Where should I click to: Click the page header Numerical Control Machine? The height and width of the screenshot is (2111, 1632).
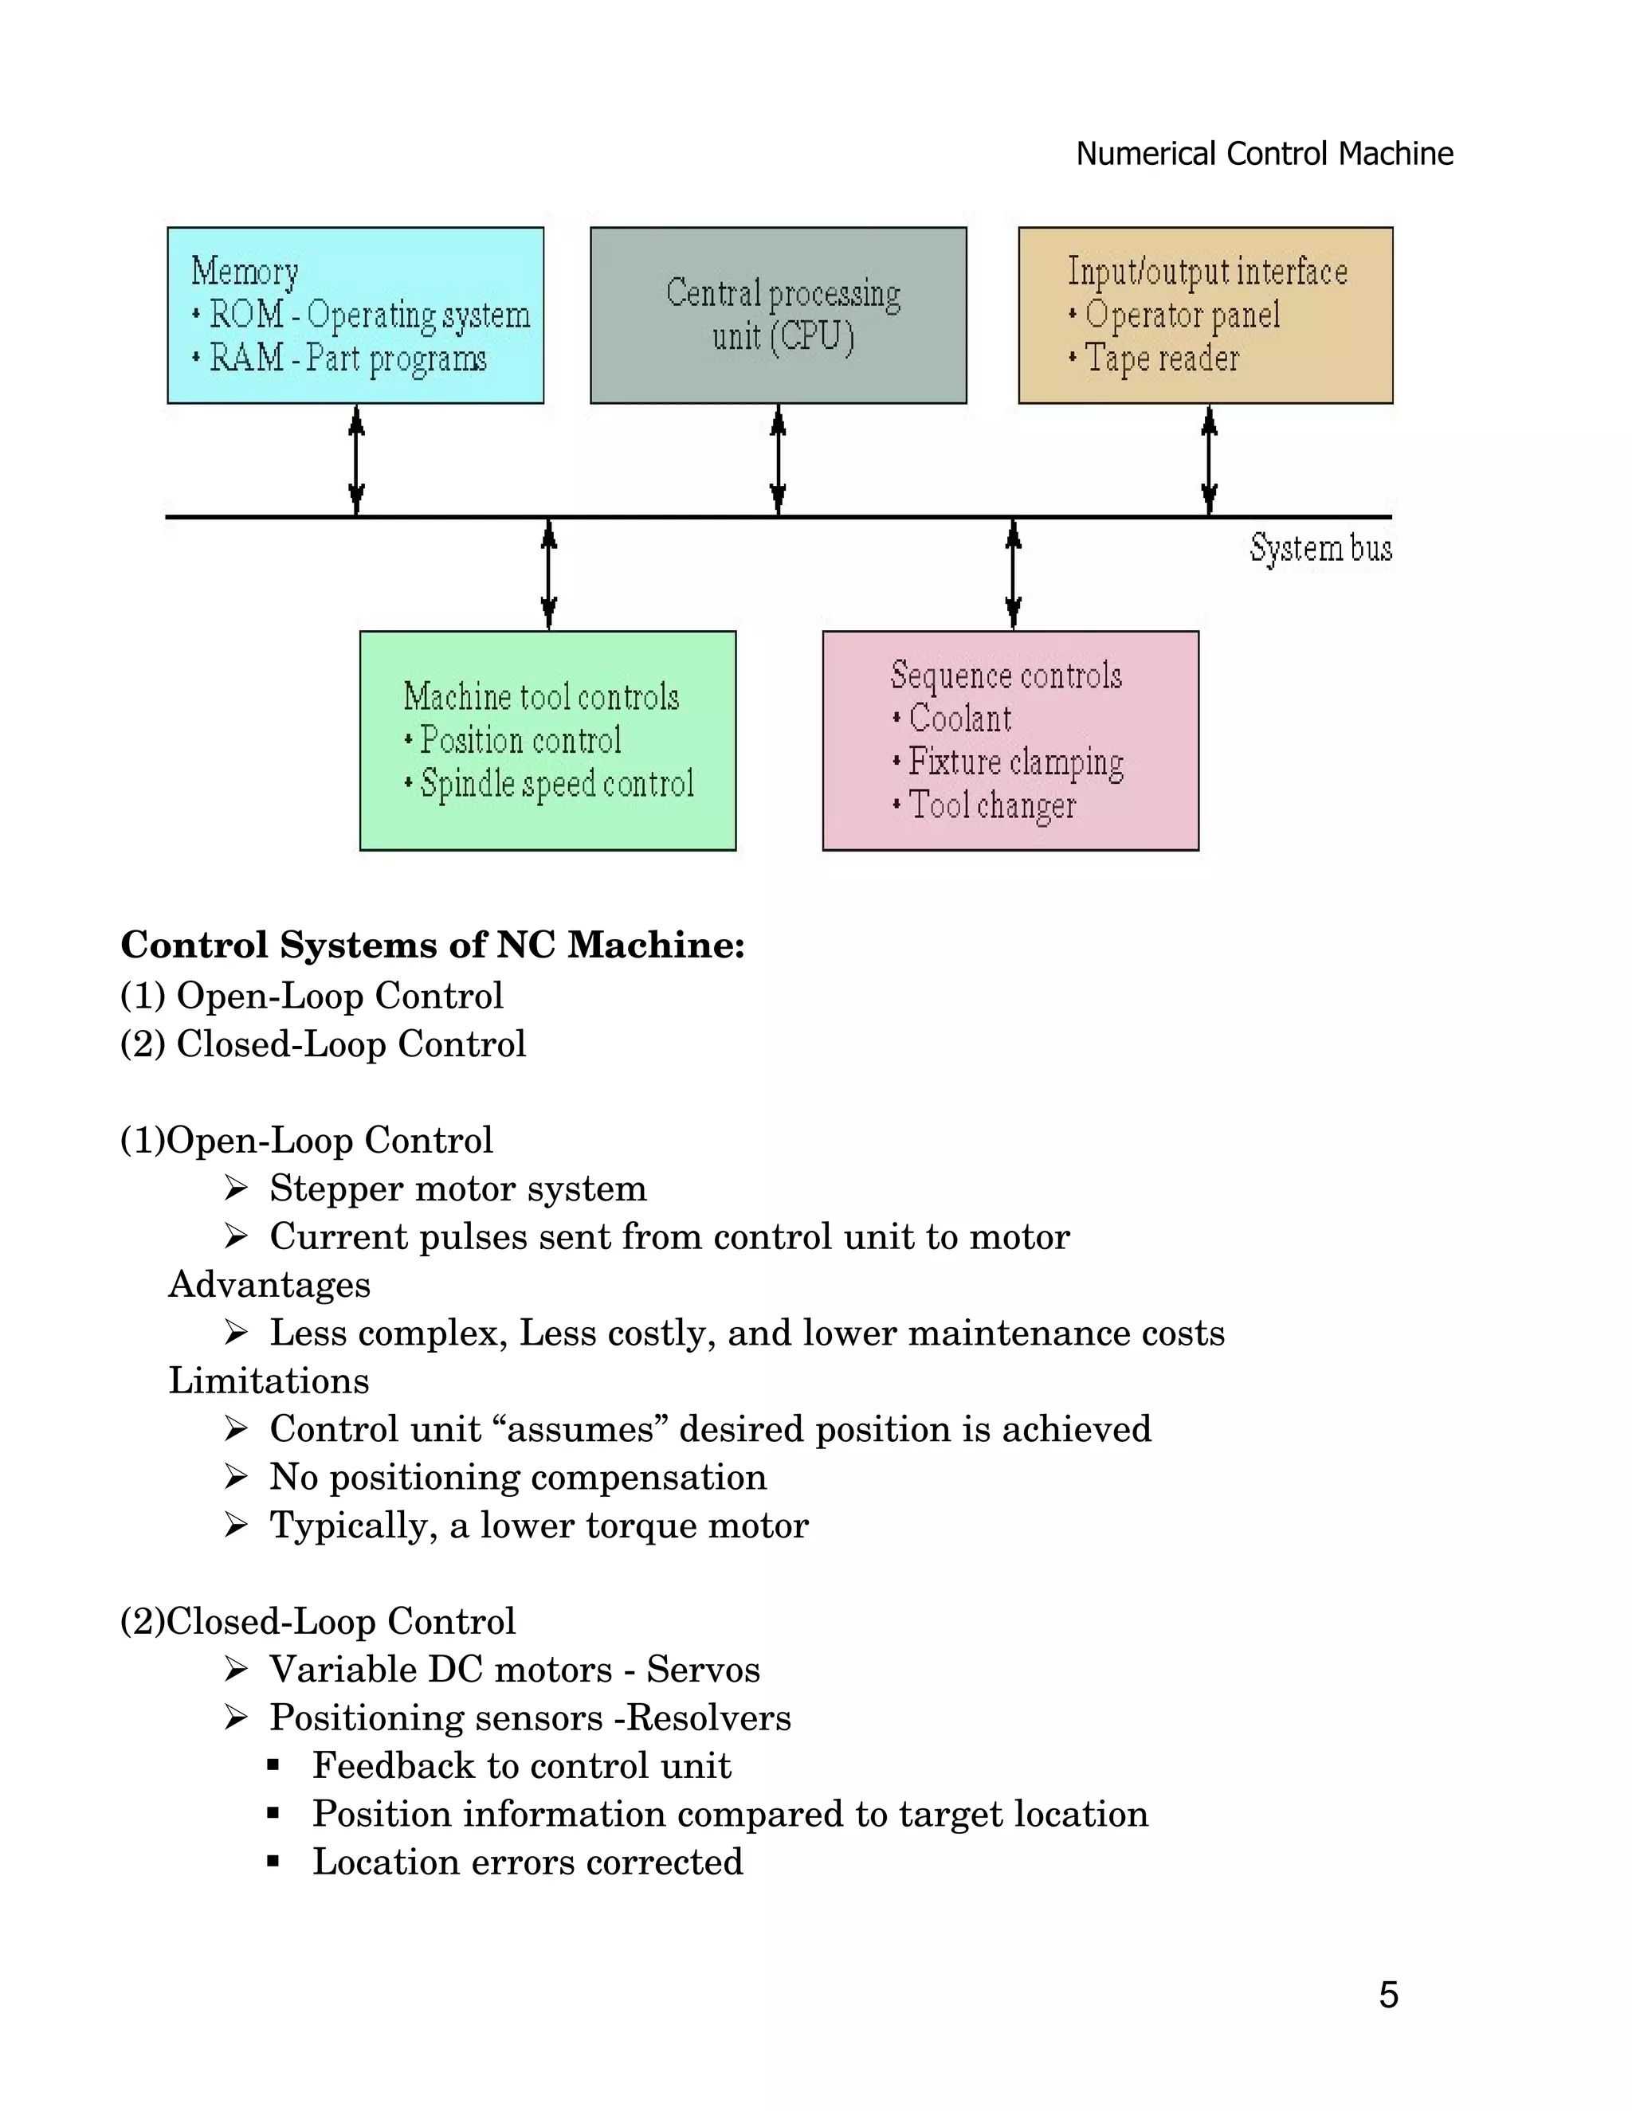tap(1264, 154)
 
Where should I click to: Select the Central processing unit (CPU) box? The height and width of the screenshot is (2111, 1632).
tap(779, 315)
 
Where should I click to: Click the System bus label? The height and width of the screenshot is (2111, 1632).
tap(1320, 548)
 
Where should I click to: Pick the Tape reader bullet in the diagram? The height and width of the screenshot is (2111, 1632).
tap(1160, 358)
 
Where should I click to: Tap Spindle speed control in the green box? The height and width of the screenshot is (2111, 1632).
tap(557, 784)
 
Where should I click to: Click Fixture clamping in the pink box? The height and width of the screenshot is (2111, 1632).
tap(1015, 762)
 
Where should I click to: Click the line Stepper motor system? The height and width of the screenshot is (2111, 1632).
tap(457, 1188)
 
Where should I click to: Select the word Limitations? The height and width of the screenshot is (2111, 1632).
tap(269, 1381)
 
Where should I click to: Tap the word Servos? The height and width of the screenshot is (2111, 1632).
tap(703, 1669)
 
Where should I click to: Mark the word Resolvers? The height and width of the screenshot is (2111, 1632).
tap(708, 1717)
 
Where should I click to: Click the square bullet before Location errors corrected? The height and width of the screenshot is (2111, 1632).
tap(273, 1862)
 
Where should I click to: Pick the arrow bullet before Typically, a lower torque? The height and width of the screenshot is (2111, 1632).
tap(236, 1525)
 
